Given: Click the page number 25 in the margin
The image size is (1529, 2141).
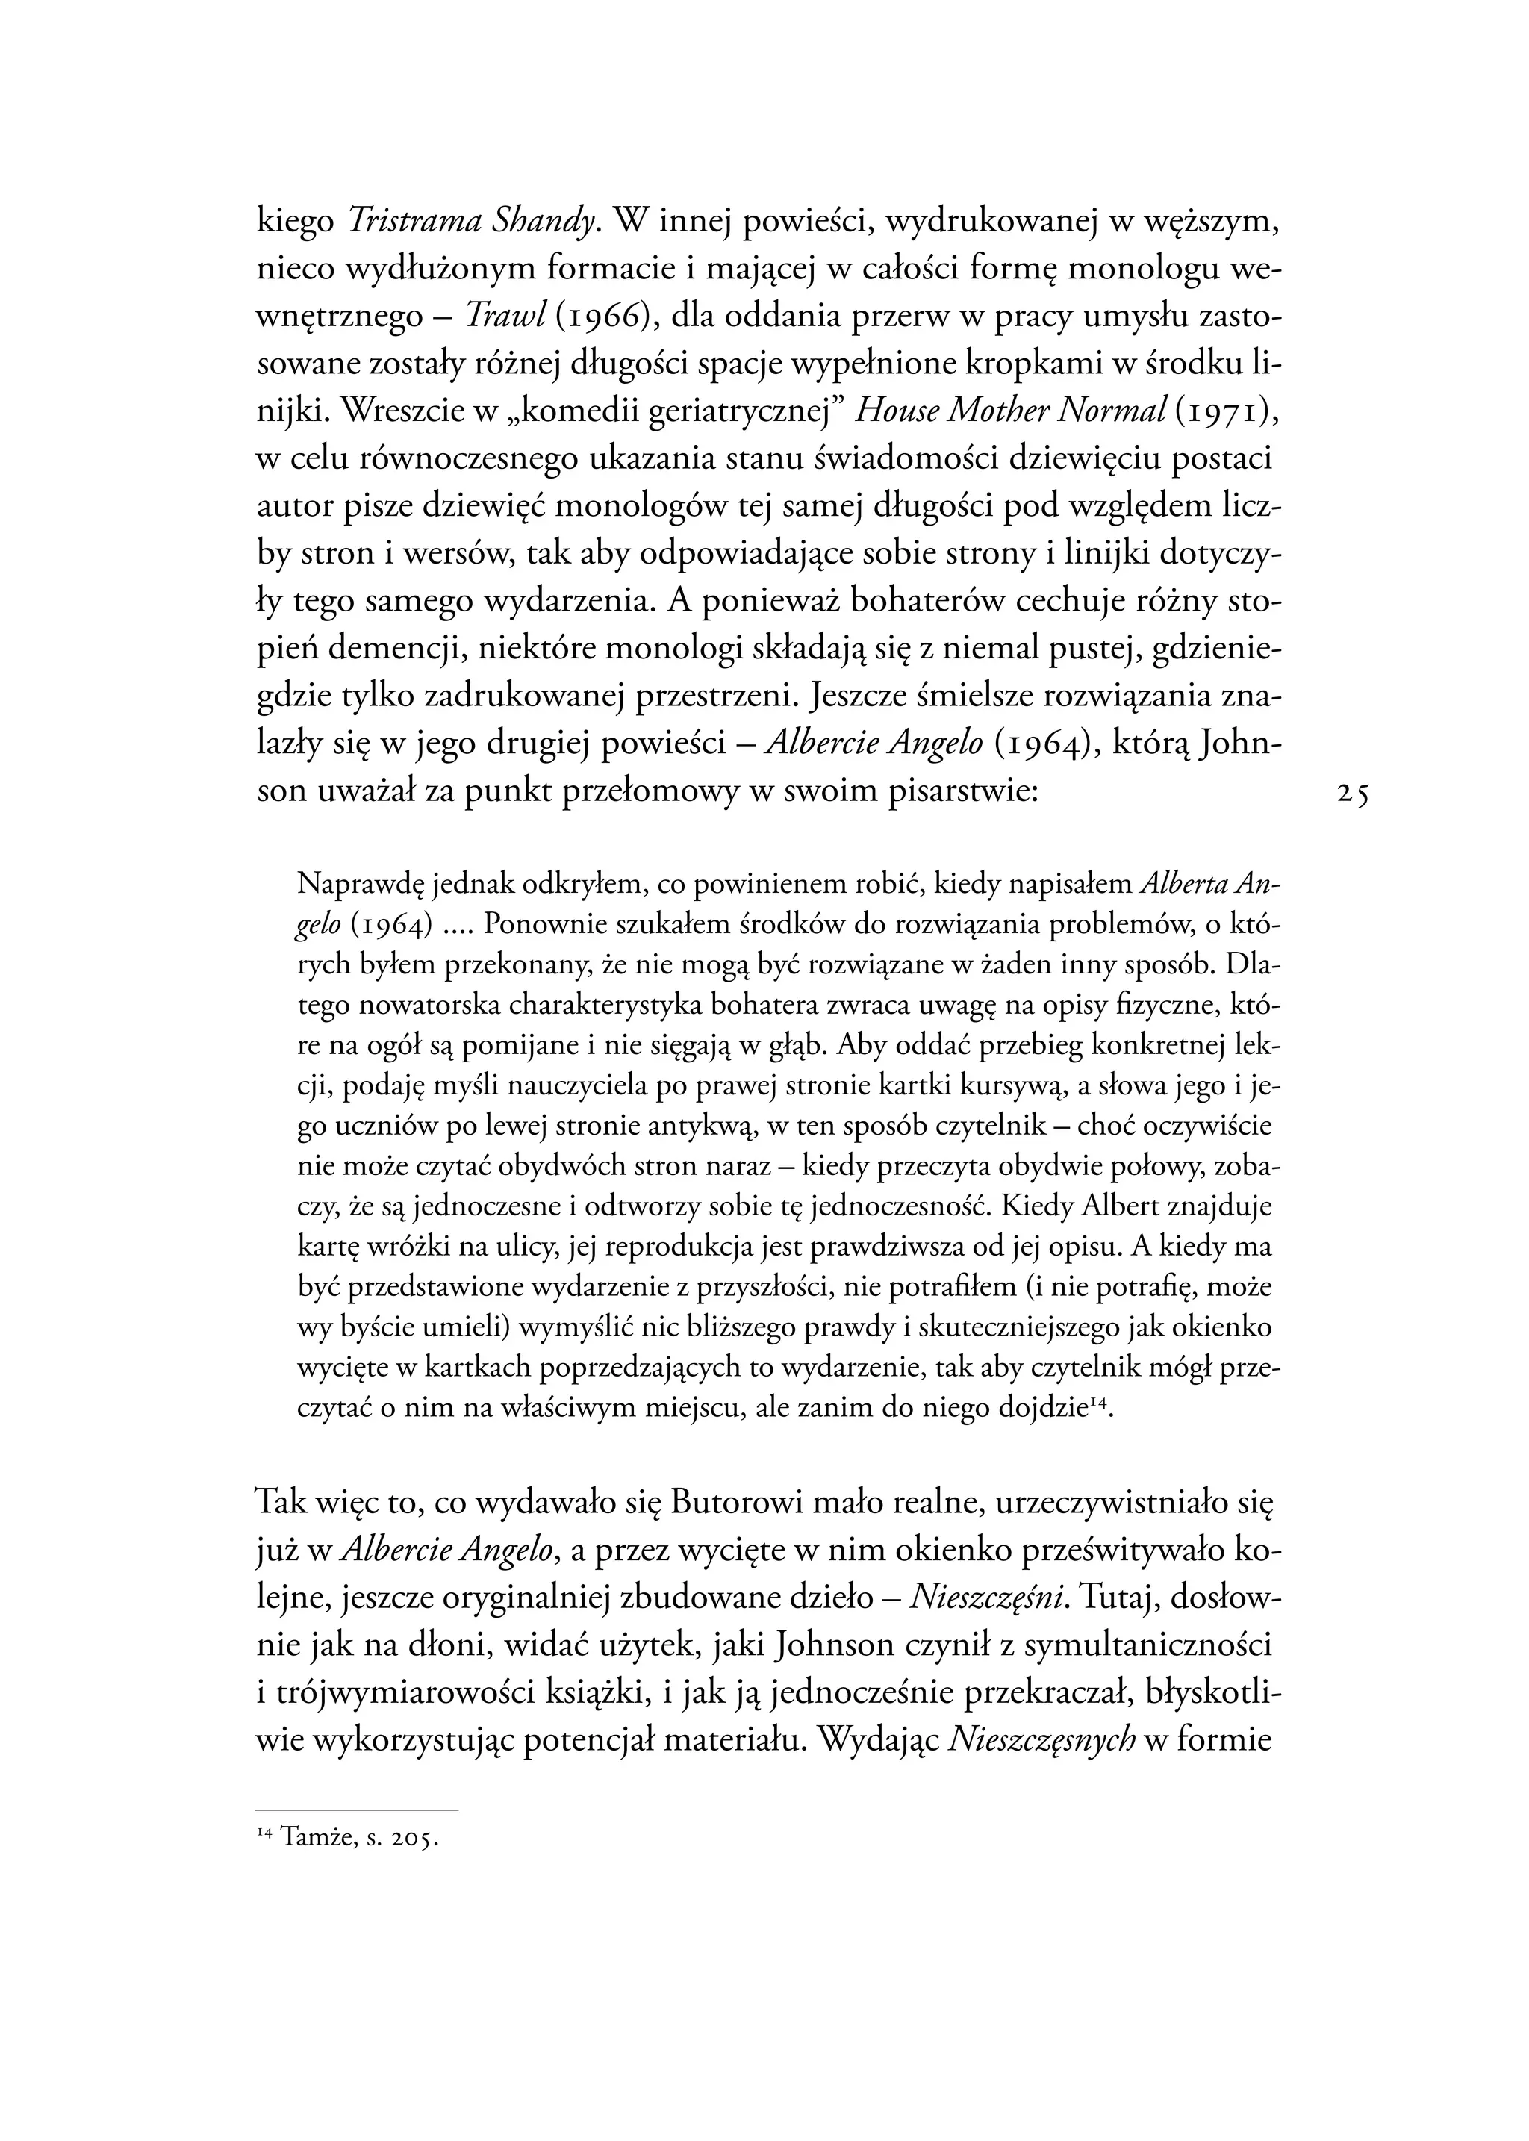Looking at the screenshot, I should tap(1353, 794).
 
